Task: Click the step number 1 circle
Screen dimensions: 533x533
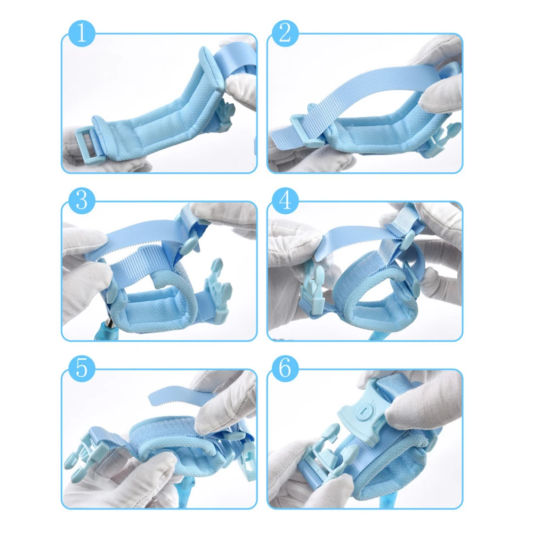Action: (x=82, y=33)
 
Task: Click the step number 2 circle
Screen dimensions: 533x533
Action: (x=285, y=33)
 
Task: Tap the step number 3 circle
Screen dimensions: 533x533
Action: (x=82, y=200)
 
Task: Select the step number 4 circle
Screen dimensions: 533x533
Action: (x=285, y=200)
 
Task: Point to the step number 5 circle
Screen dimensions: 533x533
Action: (x=82, y=368)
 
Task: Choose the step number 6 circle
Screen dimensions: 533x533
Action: (x=285, y=368)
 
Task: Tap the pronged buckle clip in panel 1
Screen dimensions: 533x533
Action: (x=224, y=114)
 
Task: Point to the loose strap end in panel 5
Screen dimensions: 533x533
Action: (x=174, y=396)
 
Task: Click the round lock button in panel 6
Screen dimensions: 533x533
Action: (x=362, y=411)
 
